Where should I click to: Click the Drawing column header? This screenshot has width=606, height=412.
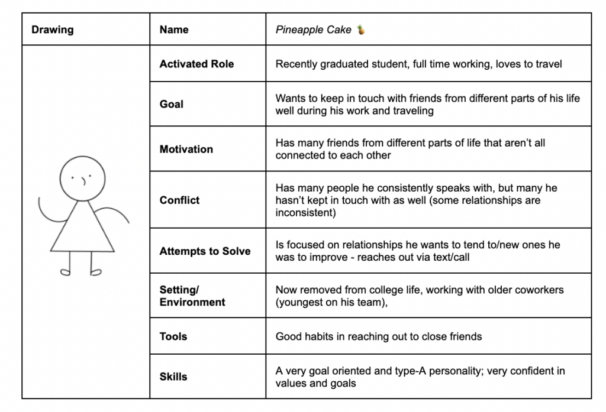point(52,30)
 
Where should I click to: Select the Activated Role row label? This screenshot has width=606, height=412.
point(196,64)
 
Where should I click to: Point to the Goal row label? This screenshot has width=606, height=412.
point(172,104)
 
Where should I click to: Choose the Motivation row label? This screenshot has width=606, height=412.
point(186,149)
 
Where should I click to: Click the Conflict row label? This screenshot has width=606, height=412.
point(179,200)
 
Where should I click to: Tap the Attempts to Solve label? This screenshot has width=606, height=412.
point(205,251)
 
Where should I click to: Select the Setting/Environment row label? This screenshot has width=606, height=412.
point(192,296)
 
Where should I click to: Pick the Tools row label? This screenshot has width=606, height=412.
point(173,336)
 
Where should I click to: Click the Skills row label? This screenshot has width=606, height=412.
point(173,377)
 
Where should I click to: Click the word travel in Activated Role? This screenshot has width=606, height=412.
point(549,64)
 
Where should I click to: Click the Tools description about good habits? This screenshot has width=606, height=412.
point(379,336)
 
